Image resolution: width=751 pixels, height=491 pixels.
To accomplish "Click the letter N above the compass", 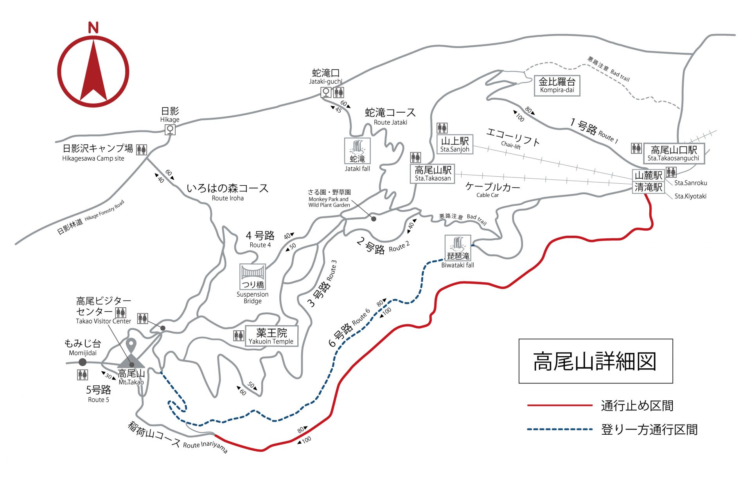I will tap(93, 28).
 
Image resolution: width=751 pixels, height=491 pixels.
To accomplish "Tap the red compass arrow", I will tap(93, 72).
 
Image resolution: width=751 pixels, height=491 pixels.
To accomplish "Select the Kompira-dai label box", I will tap(557, 86).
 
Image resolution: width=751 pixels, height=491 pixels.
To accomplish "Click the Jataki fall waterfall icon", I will tap(357, 151).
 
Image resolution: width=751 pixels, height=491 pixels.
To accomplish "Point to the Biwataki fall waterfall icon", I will tap(458, 248).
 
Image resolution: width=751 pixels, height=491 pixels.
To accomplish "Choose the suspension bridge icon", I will tap(253, 276).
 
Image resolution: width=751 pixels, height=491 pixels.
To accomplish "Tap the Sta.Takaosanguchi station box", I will tap(674, 153).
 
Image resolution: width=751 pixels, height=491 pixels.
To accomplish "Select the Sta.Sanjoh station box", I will tap(455, 144).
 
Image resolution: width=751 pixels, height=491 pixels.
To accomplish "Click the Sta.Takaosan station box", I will tap(433, 174).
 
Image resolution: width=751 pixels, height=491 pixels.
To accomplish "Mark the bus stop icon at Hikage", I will tap(170, 129).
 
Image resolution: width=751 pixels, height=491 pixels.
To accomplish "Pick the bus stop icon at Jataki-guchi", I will tap(326, 92).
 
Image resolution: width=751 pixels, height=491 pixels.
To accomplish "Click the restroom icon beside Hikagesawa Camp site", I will tap(142, 150).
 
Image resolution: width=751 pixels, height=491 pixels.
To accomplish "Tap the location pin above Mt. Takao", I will tap(131, 346).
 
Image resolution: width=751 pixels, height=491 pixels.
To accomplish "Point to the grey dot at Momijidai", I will tap(83, 362).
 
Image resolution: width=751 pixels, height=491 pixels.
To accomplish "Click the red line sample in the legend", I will tap(559, 405).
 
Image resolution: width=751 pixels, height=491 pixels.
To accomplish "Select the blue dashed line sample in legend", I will tap(559, 429).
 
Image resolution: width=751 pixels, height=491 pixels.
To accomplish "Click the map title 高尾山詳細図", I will tap(595, 361).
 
